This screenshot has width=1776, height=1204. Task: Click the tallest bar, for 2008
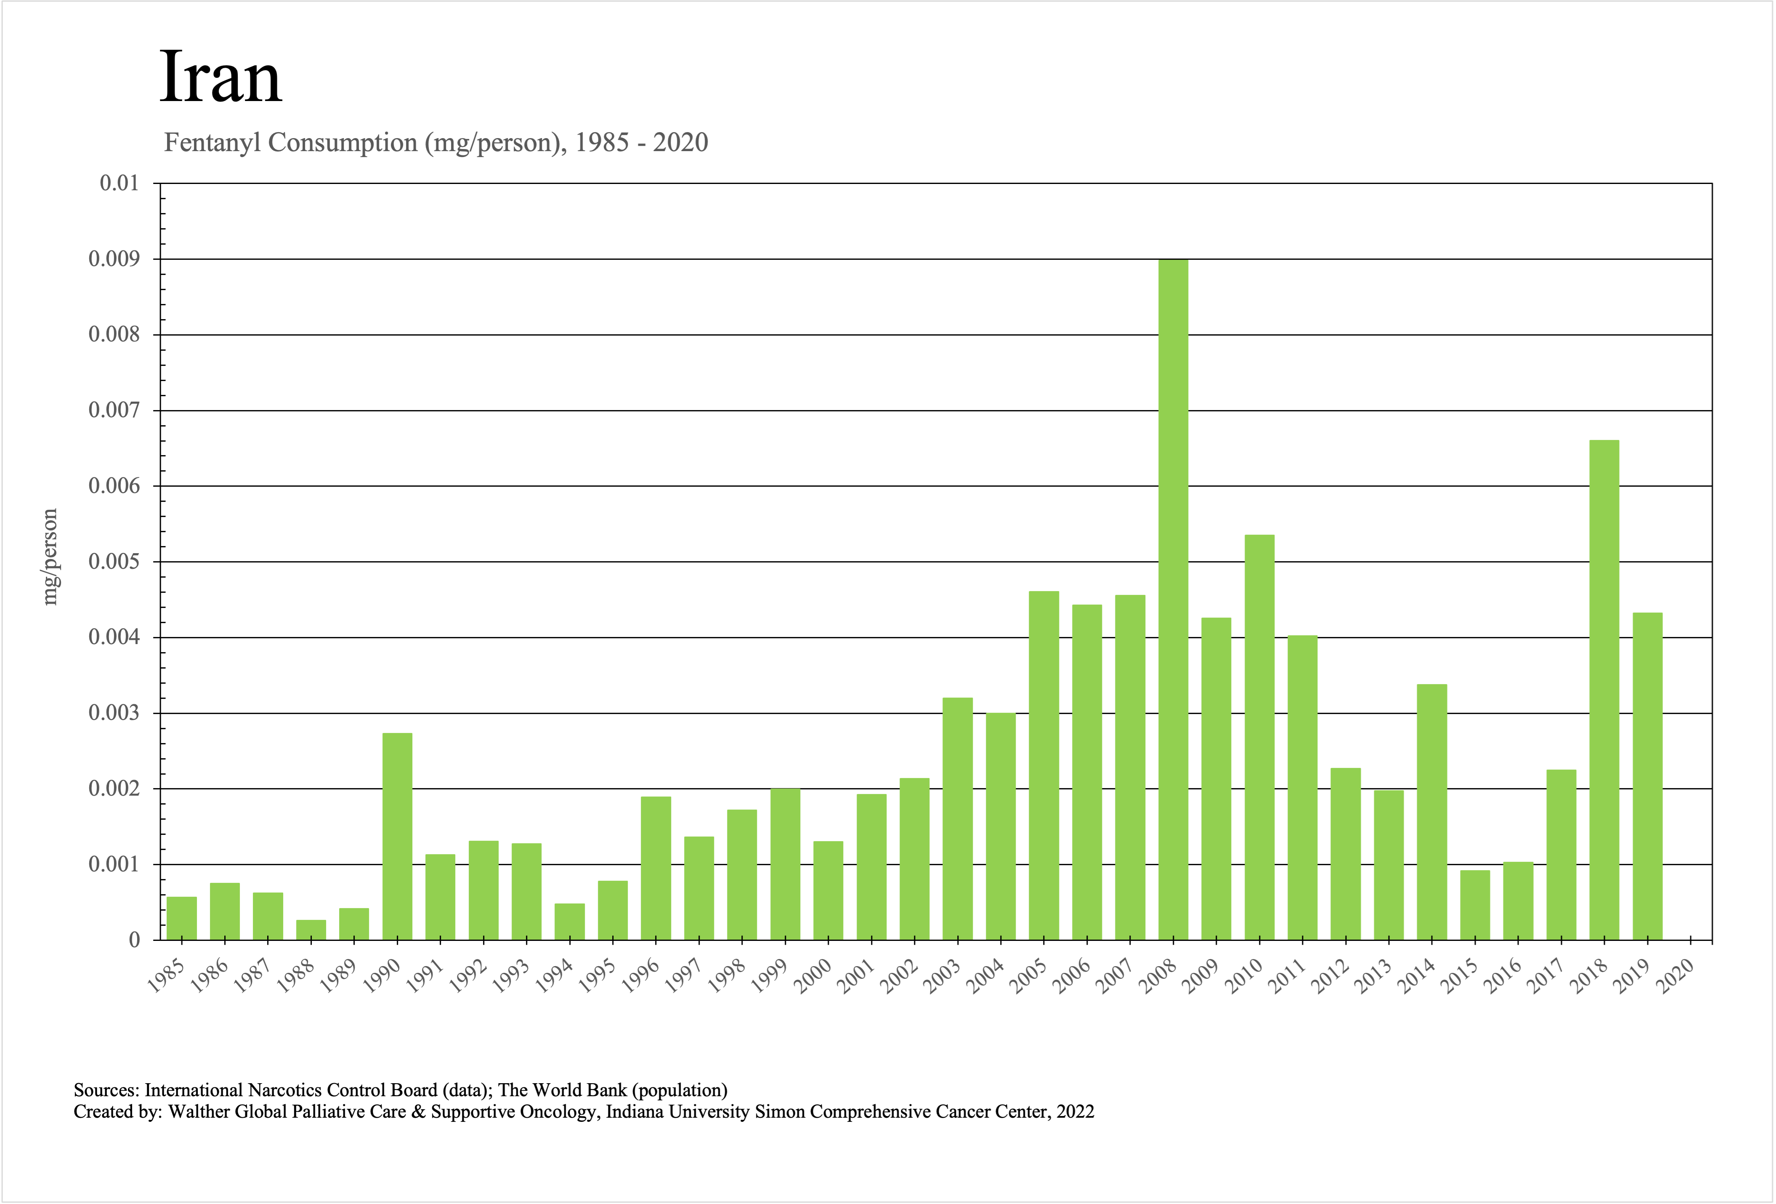(x=1173, y=599)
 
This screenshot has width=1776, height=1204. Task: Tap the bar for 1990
(x=397, y=836)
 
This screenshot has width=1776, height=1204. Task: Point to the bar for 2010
(x=1259, y=737)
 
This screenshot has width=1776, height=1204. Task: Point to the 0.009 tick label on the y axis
(x=114, y=259)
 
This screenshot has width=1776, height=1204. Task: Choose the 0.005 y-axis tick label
(x=114, y=562)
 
